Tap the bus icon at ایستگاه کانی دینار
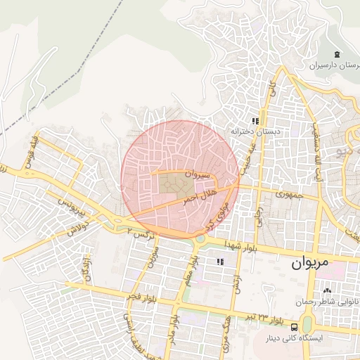294,326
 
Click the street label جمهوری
288,193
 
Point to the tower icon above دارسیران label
337,54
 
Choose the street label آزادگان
88,269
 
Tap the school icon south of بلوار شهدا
221,262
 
